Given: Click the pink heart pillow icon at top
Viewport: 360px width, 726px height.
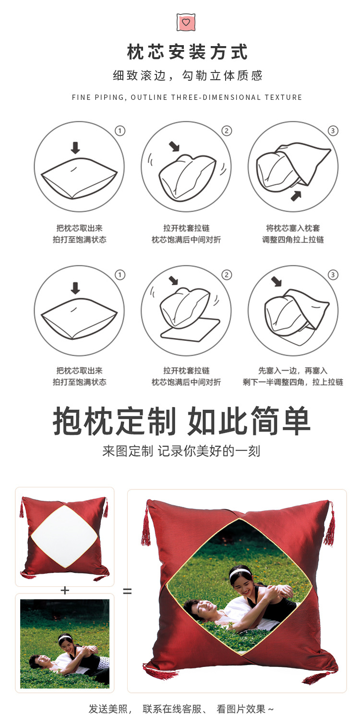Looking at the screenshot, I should coord(186,22).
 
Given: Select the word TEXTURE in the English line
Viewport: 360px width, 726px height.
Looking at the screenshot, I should coord(283,97).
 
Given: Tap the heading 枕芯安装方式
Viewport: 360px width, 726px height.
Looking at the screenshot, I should coord(187,52).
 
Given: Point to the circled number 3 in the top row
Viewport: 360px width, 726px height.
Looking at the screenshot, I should coord(333,131).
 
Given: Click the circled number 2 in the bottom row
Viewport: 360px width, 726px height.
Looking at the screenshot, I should coord(226,275).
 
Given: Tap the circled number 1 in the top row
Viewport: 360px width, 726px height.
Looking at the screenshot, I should coord(120,131).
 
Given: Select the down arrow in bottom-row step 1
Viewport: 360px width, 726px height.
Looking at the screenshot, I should coord(75,288).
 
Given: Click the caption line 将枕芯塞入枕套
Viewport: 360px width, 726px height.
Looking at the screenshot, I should coord(293,228).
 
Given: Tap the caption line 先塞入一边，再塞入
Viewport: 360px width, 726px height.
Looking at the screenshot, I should coord(293,371).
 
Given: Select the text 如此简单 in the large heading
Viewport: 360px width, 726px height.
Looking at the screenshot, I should coord(249,422).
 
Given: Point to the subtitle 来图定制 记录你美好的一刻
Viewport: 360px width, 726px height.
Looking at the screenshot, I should coord(181,451).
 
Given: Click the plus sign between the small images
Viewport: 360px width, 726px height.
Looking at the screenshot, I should coord(65,591).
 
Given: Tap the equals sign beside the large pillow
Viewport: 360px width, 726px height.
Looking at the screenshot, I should coord(127,591).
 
